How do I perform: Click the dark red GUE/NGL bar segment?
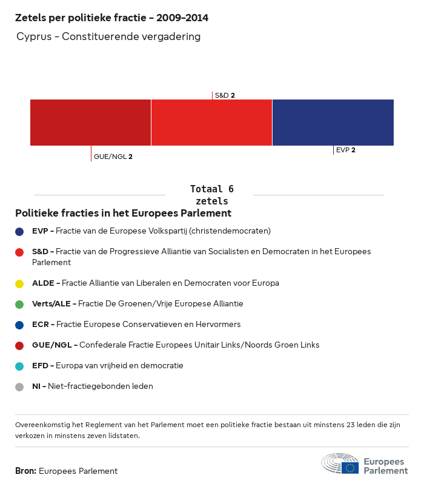pyautogui.click(x=90, y=123)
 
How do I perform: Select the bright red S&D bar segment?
pyautogui.click(x=211, y=123)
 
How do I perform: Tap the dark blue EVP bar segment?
pyautogui.click(x=333, y=123)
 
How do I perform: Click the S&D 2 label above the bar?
pyautogui.click(x=225, y=95)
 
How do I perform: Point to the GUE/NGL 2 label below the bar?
pyautogui.click(x=113, y=157)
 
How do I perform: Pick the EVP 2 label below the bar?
pyautogui.click(x=345, y=150)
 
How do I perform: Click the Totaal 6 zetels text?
pyautogui.click(x=211, y=195)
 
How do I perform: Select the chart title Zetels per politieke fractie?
pyautogui.click(x=111, y=18)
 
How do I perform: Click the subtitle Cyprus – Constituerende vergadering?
pyautogui.click(x=108, y=37)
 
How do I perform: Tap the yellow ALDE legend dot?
pyautogui.click(x=19, y=283)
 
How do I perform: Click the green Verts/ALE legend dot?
pyautogui.click(x=19, y=304)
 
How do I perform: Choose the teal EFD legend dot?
pyautogui.click(x=19, y=366)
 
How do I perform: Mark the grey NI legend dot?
pyautogui.click(x=19, y=386)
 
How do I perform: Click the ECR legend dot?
pyautogui.click(x=19, y=325)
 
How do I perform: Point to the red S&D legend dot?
pyautogui.click(x=19, y=252)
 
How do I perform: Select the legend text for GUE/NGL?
pyautogui.click(x=176, y=345)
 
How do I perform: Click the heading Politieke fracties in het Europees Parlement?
pyautogui.click(x=123, y=214)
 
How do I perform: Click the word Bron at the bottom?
pyautogui.click(x=25, y=471)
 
